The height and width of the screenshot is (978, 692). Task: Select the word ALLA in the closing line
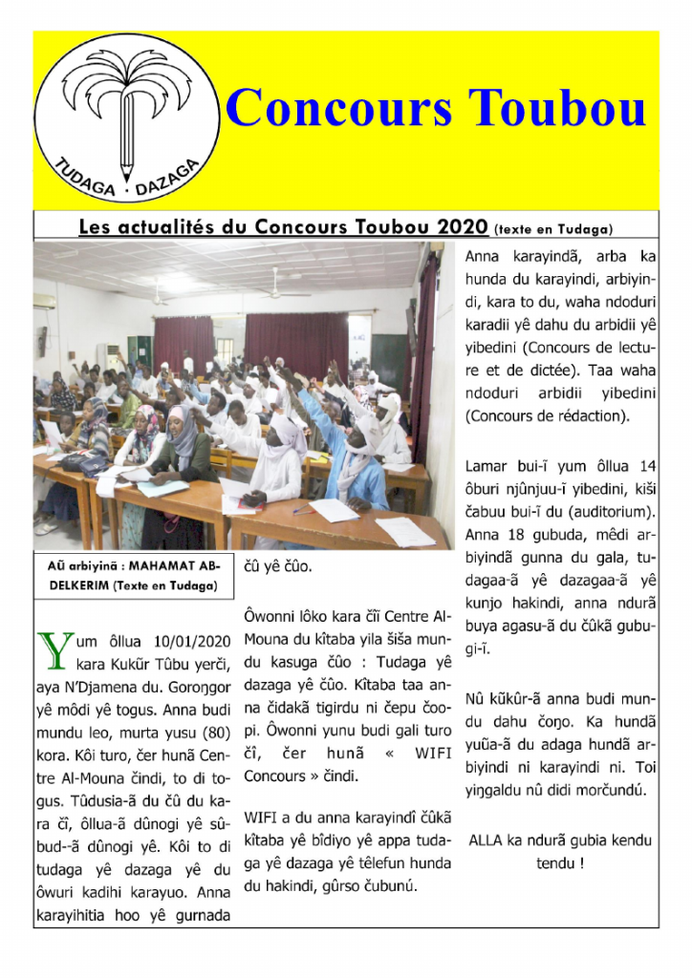point(490,840)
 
